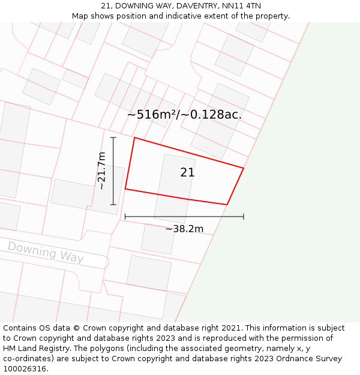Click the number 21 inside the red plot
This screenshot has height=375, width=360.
point(187,173)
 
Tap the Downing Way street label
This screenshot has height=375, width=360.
point(46,252)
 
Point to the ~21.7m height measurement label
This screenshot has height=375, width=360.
point(102,171)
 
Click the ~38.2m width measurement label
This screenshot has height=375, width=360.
point(184,229)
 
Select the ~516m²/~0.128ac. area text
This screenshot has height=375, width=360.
point(184,115)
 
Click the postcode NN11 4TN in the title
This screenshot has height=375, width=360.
point(245,6)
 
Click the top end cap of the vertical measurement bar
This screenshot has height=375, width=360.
point(113,137)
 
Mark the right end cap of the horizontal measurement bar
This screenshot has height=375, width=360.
point(244,216)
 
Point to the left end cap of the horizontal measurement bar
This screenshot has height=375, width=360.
point(125,216)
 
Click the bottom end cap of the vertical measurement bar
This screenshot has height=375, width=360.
point(113,205)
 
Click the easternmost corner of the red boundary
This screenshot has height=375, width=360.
point(244,168)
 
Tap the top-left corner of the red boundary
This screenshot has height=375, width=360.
point(134,138)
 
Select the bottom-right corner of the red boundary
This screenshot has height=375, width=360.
point(227,205)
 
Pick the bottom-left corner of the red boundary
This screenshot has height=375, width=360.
point(125,189)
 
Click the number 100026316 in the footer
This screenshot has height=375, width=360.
point(24,369)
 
